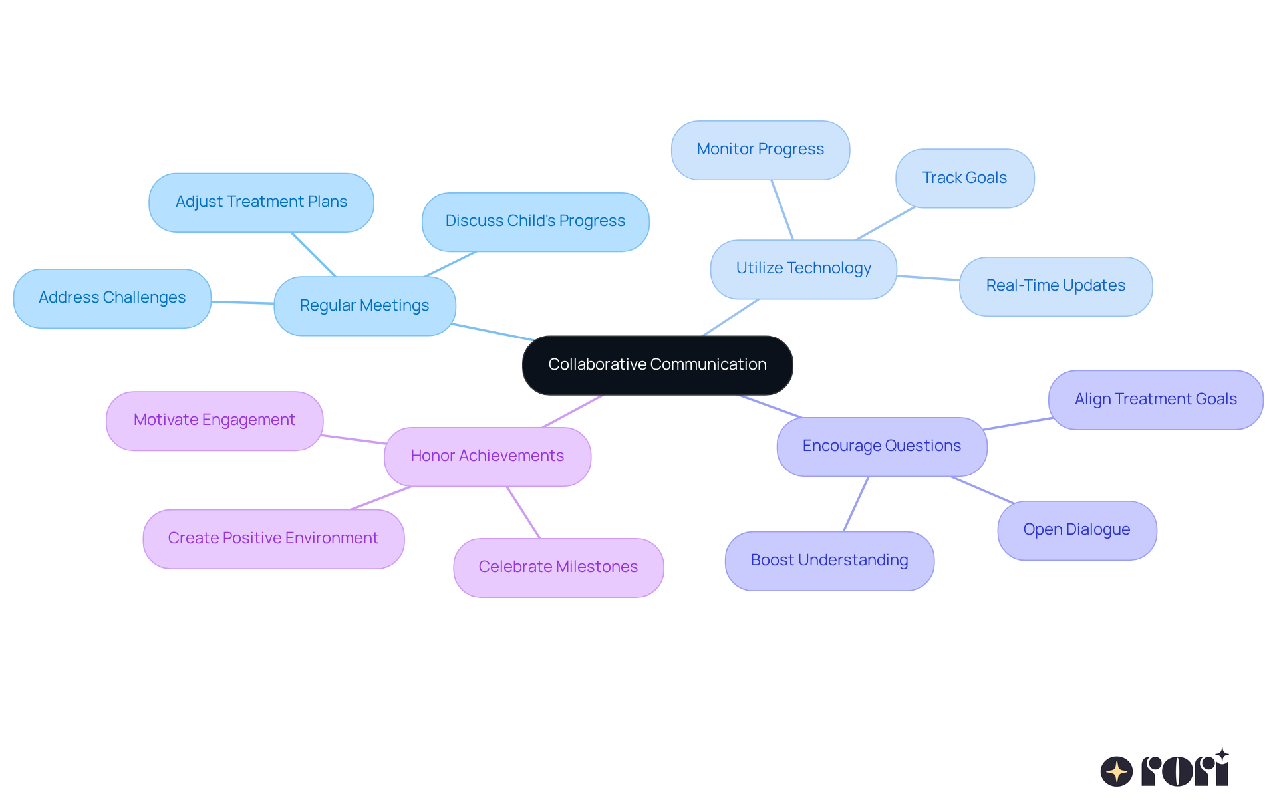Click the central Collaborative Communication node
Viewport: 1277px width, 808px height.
(657, 364)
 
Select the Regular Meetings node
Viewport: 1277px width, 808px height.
(364, 305)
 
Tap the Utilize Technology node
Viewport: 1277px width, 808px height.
(803, 269)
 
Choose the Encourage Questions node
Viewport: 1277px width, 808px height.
(881, 446)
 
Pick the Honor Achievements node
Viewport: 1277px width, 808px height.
(487, 456)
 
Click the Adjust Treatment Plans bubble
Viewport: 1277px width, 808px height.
(261, 202)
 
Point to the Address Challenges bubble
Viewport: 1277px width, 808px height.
(112, 298)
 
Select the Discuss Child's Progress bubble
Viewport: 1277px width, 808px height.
(535, 221)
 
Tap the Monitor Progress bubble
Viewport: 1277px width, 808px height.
(760, 150)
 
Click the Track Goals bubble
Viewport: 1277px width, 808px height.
(964, 178)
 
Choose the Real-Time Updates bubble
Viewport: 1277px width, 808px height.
(1056, 286)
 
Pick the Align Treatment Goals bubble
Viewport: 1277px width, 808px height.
(1155, 400)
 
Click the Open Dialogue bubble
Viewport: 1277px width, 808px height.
(1076, 530)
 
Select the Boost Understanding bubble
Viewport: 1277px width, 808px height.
(829, 561)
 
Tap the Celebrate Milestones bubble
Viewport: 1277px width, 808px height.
(558, 567)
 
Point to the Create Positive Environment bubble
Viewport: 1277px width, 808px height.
(273, 539)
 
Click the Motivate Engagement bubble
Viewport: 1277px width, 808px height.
(214, 420)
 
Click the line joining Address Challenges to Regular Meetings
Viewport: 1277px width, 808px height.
(243, 303)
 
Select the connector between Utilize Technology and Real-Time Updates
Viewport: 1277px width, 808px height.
(928, 278)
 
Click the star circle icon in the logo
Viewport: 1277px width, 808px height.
(1117, 771)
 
